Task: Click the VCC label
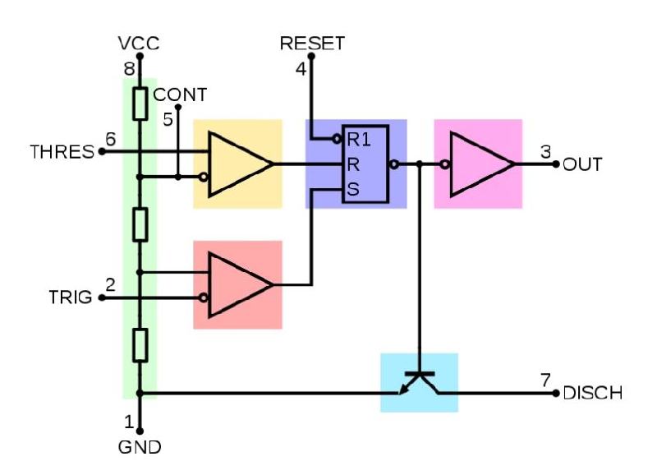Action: pos(139,44)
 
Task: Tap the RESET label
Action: pos(312,44)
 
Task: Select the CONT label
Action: pos(180,95)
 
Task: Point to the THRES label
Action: pos(62,152)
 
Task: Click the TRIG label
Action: pos(71,297)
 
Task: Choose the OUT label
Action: pos(582,164)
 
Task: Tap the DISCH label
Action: pos(592,394)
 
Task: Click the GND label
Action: pos(140,447)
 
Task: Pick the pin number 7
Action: pos(545,380)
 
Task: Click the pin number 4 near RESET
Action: pos(301,69)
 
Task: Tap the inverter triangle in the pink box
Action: pos(482,164)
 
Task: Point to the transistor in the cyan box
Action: pos(420,382)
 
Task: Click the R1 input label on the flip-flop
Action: pos(359,140)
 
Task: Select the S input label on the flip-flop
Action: pos(353,190)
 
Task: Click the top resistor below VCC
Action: pos(140,104)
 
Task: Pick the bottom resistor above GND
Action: pos(140,345)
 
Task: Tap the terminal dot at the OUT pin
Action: pos(556,164)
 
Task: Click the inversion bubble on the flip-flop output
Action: pos(394,164)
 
